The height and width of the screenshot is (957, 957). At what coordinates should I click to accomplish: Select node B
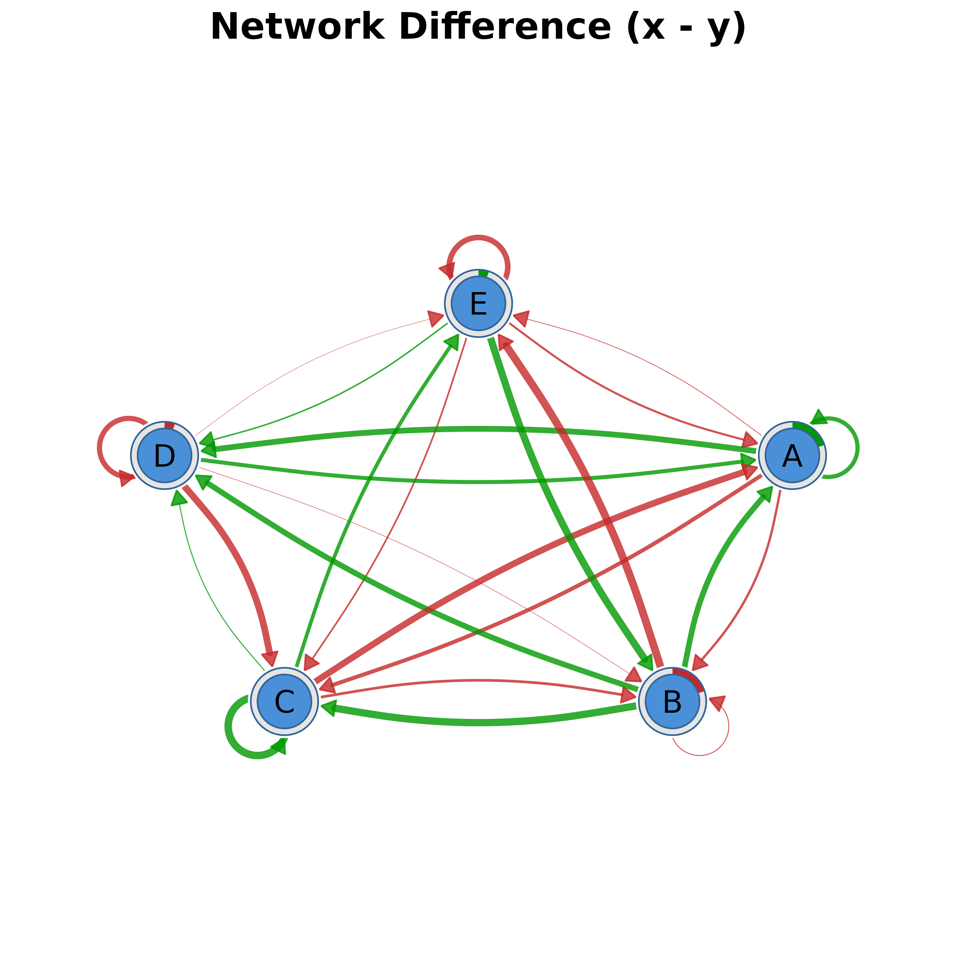click(x=672, y=702)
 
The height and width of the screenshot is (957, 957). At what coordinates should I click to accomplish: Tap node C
click(x=284, y=702)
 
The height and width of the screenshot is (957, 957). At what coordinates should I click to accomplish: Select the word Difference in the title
click(x=505, y=27)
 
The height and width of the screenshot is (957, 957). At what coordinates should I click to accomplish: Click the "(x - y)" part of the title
click(x=686, y=27)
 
